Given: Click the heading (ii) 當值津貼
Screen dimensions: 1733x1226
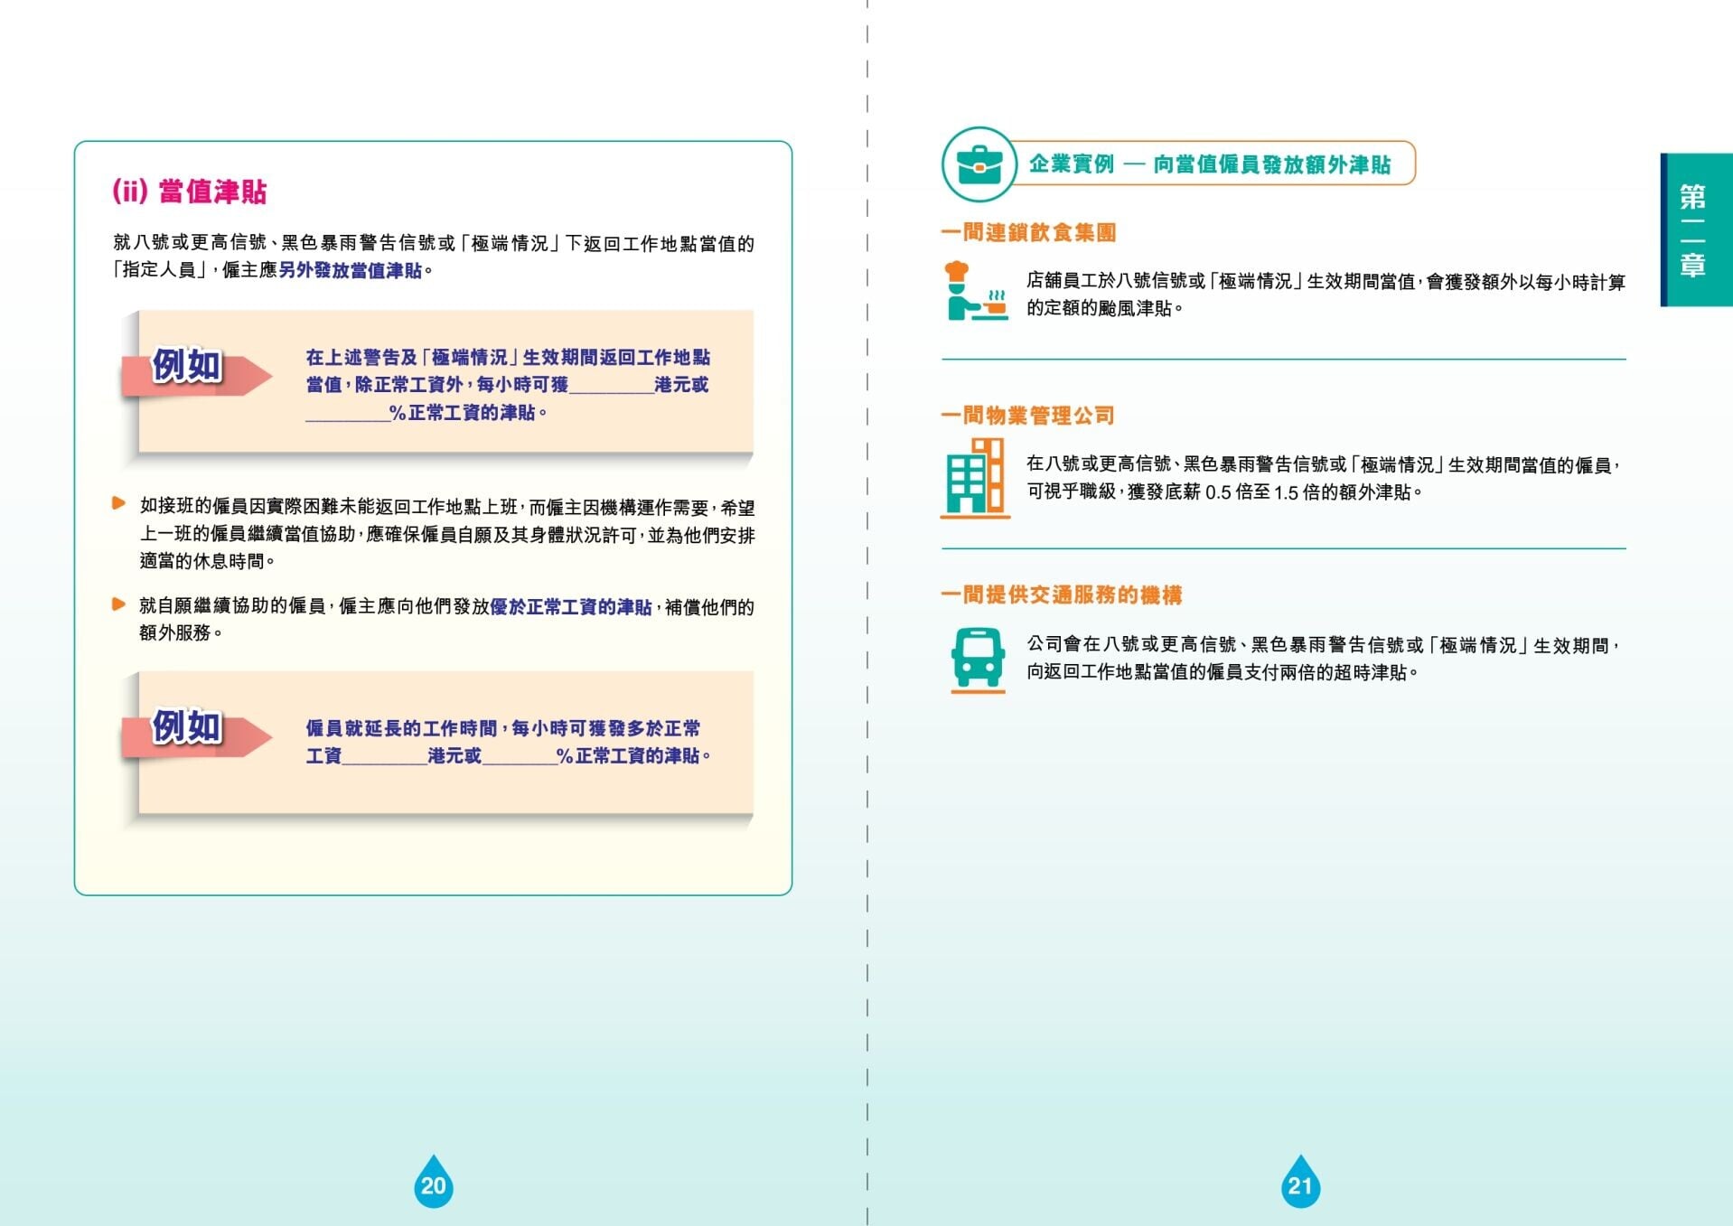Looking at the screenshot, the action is click(x=190, y=192).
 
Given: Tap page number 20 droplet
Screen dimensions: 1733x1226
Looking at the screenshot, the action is click(x=434, y=1182).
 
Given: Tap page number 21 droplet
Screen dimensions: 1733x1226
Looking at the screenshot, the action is click(x=1300, y=1182).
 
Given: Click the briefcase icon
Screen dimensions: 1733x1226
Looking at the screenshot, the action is click(x=979, y=164).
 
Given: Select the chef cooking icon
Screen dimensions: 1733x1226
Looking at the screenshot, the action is click(x=975, y=290).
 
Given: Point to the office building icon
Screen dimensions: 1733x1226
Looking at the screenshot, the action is click(x=975, y=478).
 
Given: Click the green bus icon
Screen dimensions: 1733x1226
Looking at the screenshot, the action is click(x=978, y=660).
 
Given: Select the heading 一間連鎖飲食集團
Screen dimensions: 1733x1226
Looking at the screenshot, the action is click(x=1028, y=232).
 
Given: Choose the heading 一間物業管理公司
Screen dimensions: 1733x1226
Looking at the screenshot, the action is click(x=1028, y=416).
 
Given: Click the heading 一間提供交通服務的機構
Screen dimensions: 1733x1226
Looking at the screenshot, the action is click(x=1062, y=594).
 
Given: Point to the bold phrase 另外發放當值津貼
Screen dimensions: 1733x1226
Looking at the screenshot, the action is click(x=351, y=270).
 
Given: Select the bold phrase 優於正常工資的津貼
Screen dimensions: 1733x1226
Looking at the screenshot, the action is click(x=570, y=607).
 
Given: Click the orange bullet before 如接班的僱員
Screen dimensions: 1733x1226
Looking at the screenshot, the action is click(x=118, y=503).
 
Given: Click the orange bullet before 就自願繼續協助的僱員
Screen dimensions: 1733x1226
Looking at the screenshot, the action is click(x=118, y=604).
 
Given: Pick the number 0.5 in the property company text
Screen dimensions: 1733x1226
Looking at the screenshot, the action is click(x=1218, y=492).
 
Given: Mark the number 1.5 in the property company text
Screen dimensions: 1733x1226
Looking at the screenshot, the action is click(x=1287, y=492).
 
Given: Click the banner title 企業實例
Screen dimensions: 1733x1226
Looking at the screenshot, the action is click(x=1072, y=164).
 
